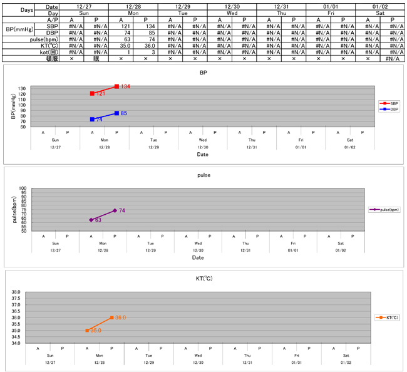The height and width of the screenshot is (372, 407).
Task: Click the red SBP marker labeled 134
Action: [x=116, y=86]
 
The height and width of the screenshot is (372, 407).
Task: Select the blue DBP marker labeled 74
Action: [x=92, y=119]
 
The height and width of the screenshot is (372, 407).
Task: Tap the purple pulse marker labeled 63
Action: [x=91, y=220]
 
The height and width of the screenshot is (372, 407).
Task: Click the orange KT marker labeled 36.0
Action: [x=111, y=318]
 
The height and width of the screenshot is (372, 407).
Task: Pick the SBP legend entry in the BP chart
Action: [x=389, y=103]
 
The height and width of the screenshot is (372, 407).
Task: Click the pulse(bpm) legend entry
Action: [x=385, y=210]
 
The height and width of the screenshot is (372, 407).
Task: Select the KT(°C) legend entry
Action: [x=387, y=318]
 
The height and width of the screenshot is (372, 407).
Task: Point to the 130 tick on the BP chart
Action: [x=23, y=88]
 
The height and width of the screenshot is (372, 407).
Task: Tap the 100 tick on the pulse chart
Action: [x=23, y=189]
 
